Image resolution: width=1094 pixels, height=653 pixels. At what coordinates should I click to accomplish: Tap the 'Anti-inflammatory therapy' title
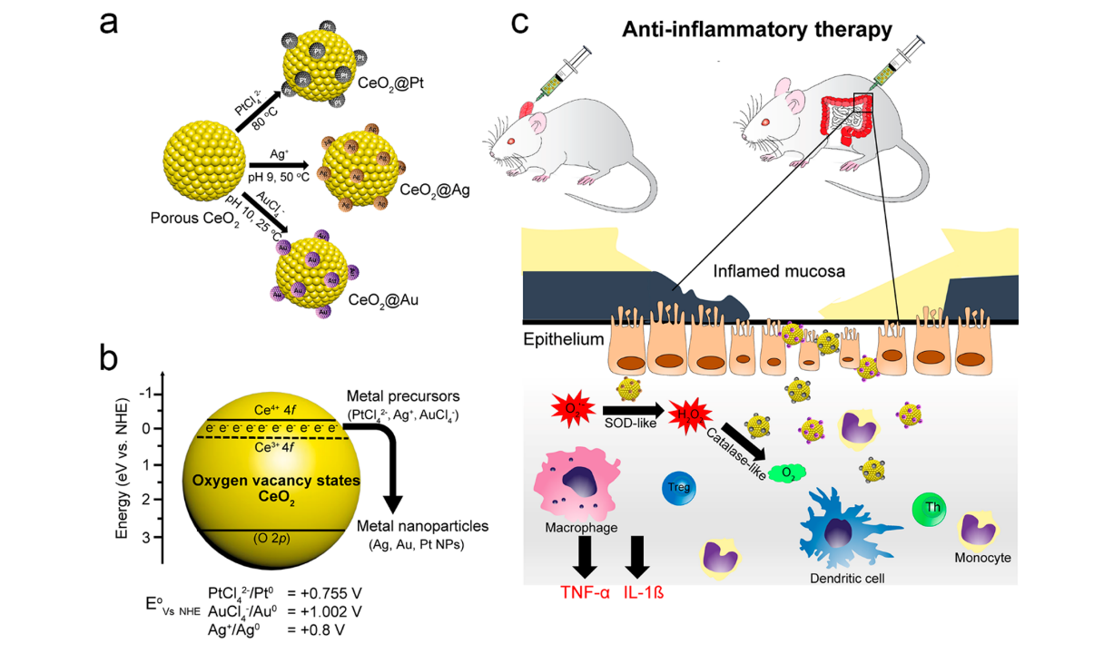757,29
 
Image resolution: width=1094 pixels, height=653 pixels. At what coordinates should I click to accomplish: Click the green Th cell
931,506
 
